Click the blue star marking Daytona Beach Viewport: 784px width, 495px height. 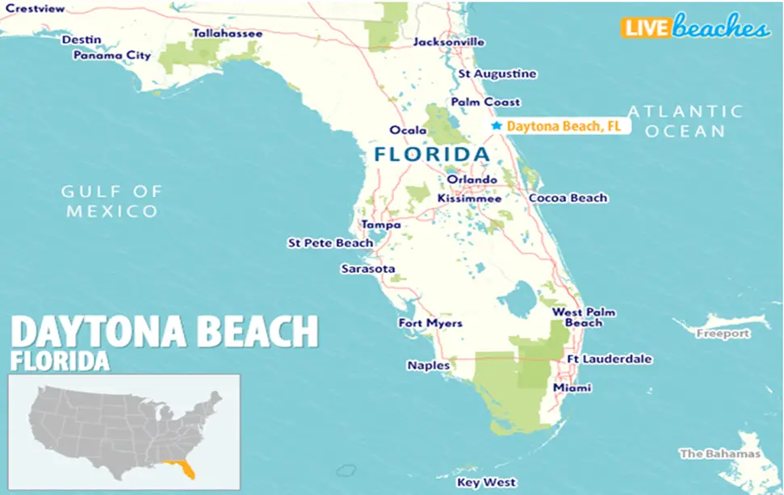[497, 126]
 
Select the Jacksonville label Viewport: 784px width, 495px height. [449, 42]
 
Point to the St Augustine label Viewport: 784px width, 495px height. [497, 73]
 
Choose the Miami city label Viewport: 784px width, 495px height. [572, 388]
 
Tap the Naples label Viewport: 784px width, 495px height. [429, 366]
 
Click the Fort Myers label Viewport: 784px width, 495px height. [430, 323]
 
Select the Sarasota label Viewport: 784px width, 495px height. [368, 268]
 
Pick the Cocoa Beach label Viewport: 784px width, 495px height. [568, 198]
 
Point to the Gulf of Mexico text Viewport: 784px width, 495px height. [112, 201]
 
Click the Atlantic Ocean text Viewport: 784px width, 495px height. [685, 121]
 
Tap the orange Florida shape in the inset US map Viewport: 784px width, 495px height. [179, 468]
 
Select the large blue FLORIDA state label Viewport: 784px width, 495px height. [432, 153]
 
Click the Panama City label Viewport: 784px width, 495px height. [112, 56]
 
